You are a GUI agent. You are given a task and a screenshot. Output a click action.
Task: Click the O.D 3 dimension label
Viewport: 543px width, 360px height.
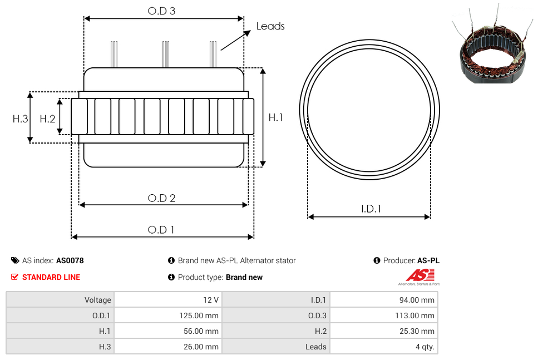tap(161, 11)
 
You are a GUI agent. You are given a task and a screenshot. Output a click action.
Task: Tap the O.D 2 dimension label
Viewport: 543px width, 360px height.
tap(161, 198)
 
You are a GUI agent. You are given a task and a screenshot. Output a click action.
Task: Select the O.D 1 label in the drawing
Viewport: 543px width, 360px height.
tap(161, 230)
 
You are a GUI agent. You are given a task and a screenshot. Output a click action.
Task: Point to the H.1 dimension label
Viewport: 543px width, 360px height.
tap(275, 117)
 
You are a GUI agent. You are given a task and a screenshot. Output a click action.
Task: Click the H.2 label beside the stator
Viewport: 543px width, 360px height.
tap(47, 119)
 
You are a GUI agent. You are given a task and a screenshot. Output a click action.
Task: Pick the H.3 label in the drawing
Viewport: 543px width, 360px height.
tap(20, 119)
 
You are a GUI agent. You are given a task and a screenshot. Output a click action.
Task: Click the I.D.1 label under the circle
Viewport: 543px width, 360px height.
tap(371, 209)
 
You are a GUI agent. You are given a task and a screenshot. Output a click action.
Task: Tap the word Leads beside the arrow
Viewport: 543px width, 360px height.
tap(270, 26)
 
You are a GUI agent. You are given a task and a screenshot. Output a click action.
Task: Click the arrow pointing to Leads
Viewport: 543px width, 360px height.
tap(235, 40)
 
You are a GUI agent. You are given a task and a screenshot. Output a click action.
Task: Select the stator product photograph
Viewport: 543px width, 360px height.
tap(492, 45)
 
